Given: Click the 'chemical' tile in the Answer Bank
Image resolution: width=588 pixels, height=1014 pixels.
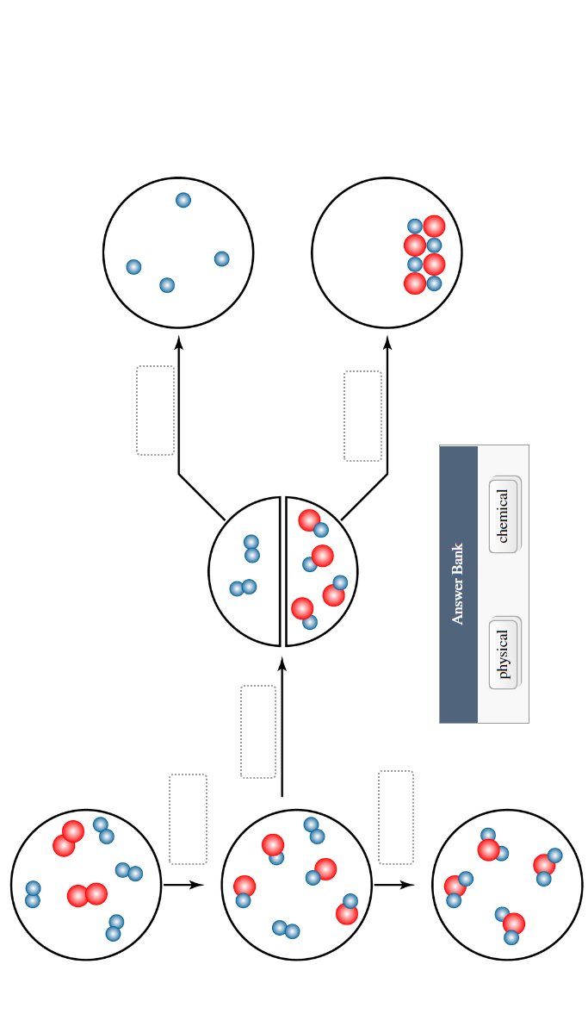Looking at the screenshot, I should point(503,515).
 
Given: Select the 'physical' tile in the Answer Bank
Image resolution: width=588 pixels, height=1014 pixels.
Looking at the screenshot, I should point(503,654).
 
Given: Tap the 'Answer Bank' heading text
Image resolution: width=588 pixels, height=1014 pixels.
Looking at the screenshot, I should point(458,583).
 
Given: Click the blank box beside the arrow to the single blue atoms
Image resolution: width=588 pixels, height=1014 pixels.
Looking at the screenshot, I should point(155,410).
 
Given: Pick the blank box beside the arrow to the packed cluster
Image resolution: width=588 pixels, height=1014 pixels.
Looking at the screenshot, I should point(362,415).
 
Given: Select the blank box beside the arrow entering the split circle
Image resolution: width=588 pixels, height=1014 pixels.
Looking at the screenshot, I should point(258,731).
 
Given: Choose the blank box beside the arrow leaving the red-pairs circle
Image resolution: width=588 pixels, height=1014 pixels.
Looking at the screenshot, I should point(188,818).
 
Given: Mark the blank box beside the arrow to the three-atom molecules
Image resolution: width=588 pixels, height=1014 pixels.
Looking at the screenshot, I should point(396,817).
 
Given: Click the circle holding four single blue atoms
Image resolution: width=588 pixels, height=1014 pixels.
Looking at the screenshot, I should point(178,252).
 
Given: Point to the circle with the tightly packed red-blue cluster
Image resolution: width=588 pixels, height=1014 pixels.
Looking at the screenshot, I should point(387,252).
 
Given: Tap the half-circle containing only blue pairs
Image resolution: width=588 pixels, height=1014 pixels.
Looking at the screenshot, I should point(244,571).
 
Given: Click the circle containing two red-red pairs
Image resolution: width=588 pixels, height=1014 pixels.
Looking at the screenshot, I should point(86,884).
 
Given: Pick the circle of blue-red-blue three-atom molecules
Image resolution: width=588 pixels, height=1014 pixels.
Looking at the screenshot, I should point(507,884).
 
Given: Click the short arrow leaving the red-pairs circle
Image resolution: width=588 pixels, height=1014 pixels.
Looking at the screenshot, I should point(183,884).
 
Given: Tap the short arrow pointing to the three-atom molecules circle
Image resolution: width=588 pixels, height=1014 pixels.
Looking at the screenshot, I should point(393,884).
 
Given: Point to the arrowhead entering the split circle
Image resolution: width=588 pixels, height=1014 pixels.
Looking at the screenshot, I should point(282,663).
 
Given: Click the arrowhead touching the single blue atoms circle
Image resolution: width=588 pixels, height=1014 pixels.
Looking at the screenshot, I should point(179,342).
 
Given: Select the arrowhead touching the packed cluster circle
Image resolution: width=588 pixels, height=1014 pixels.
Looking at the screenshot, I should point(387,342).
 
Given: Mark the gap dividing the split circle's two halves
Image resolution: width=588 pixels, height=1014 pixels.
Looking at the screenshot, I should point(283,571).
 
